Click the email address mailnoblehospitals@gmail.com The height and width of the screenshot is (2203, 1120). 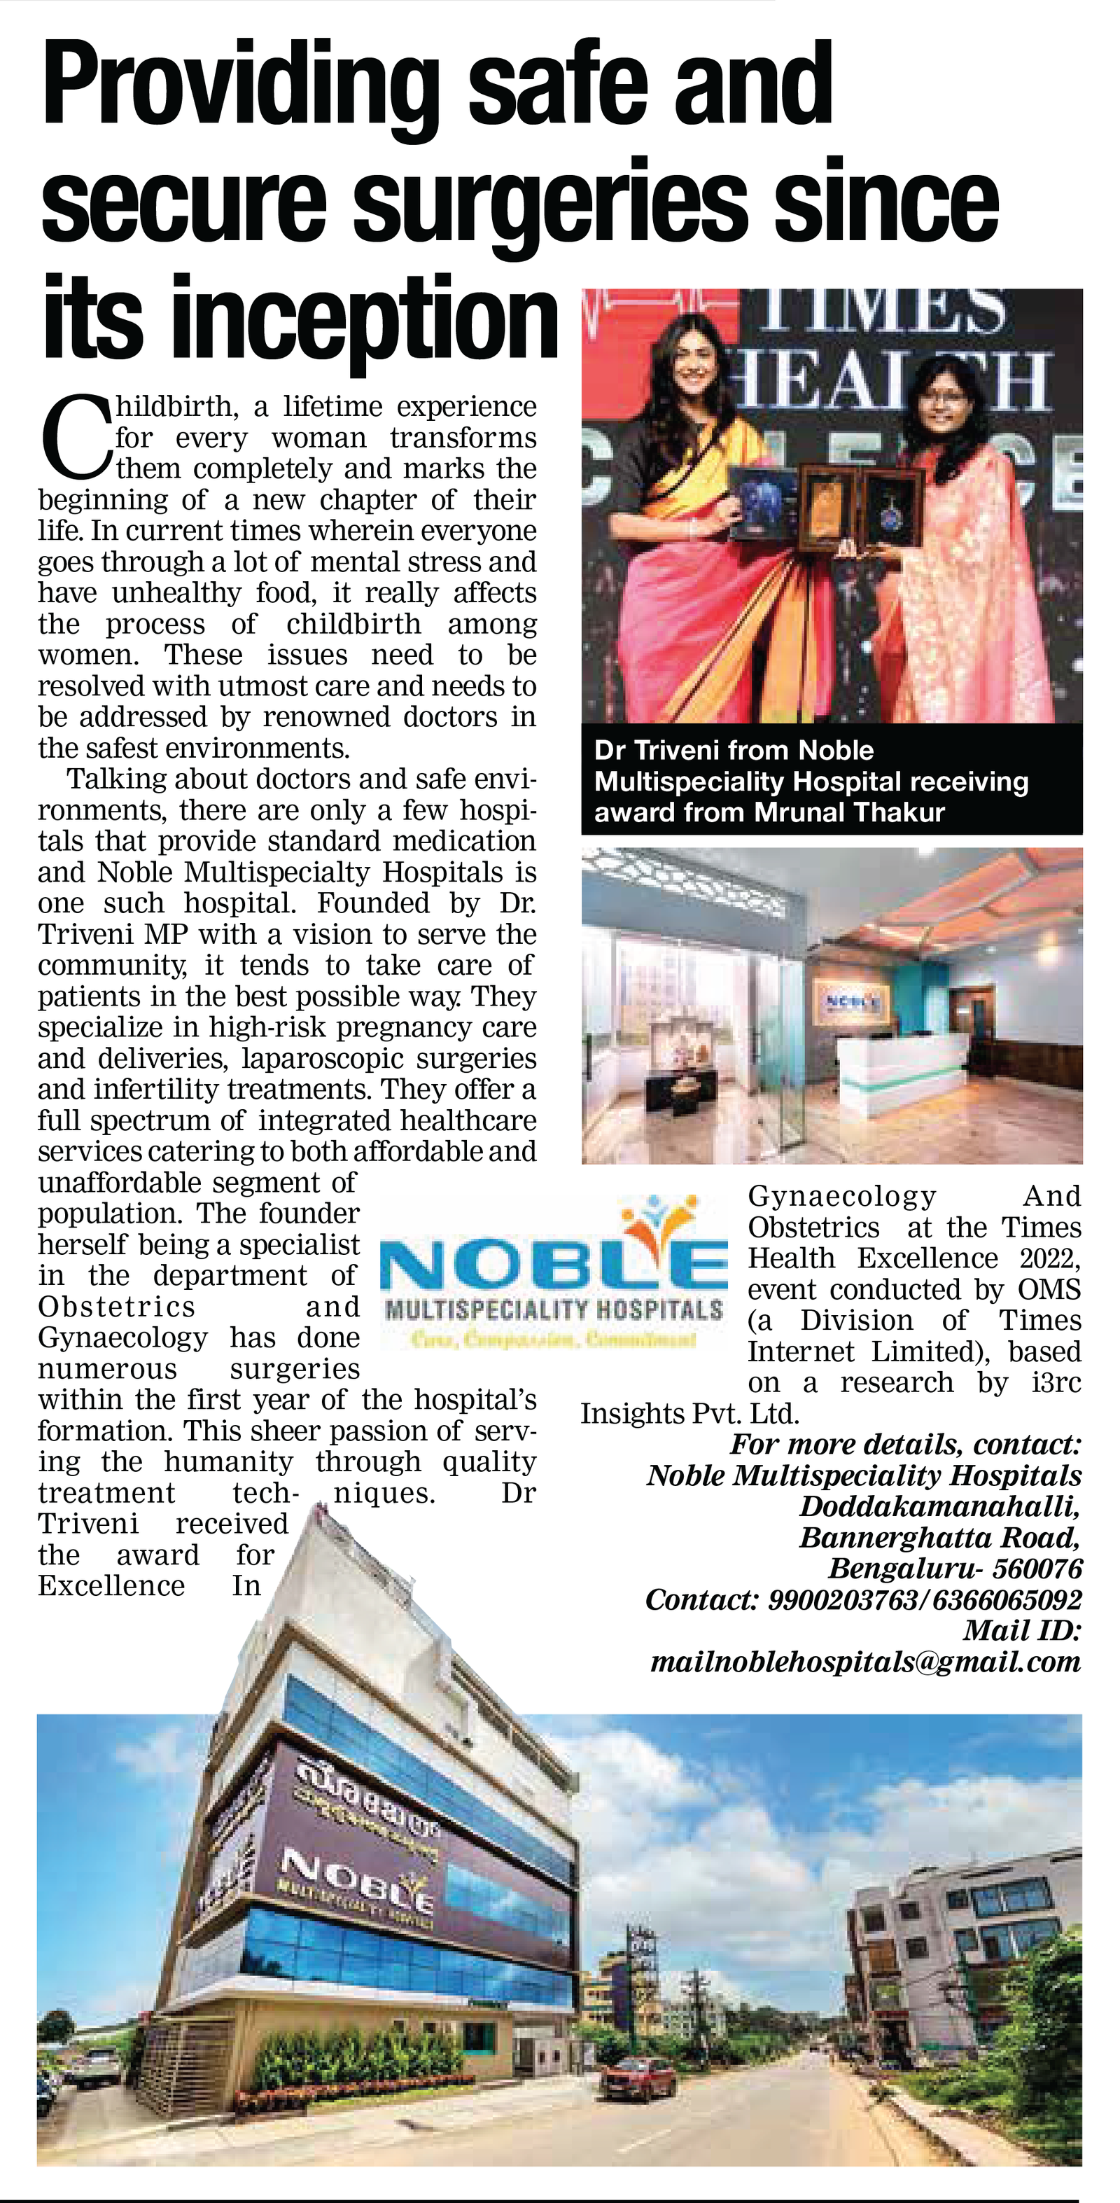[865, 1662]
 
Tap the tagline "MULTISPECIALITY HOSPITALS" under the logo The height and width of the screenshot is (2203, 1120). [554, 1310]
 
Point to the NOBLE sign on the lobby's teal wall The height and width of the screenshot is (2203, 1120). [851, 999]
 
